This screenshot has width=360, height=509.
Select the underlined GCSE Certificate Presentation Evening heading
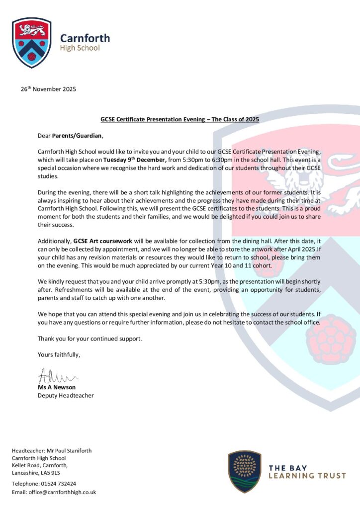[x=180, y=120]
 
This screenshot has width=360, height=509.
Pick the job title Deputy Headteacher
[x=66, y=396]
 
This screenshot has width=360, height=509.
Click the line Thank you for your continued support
[x=90, y=339]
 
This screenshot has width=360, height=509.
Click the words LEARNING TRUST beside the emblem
[x=307, y=476]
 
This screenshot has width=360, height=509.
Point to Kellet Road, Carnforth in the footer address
[x=40, y=465]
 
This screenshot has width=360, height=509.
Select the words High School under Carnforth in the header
[x=80, y=48]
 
